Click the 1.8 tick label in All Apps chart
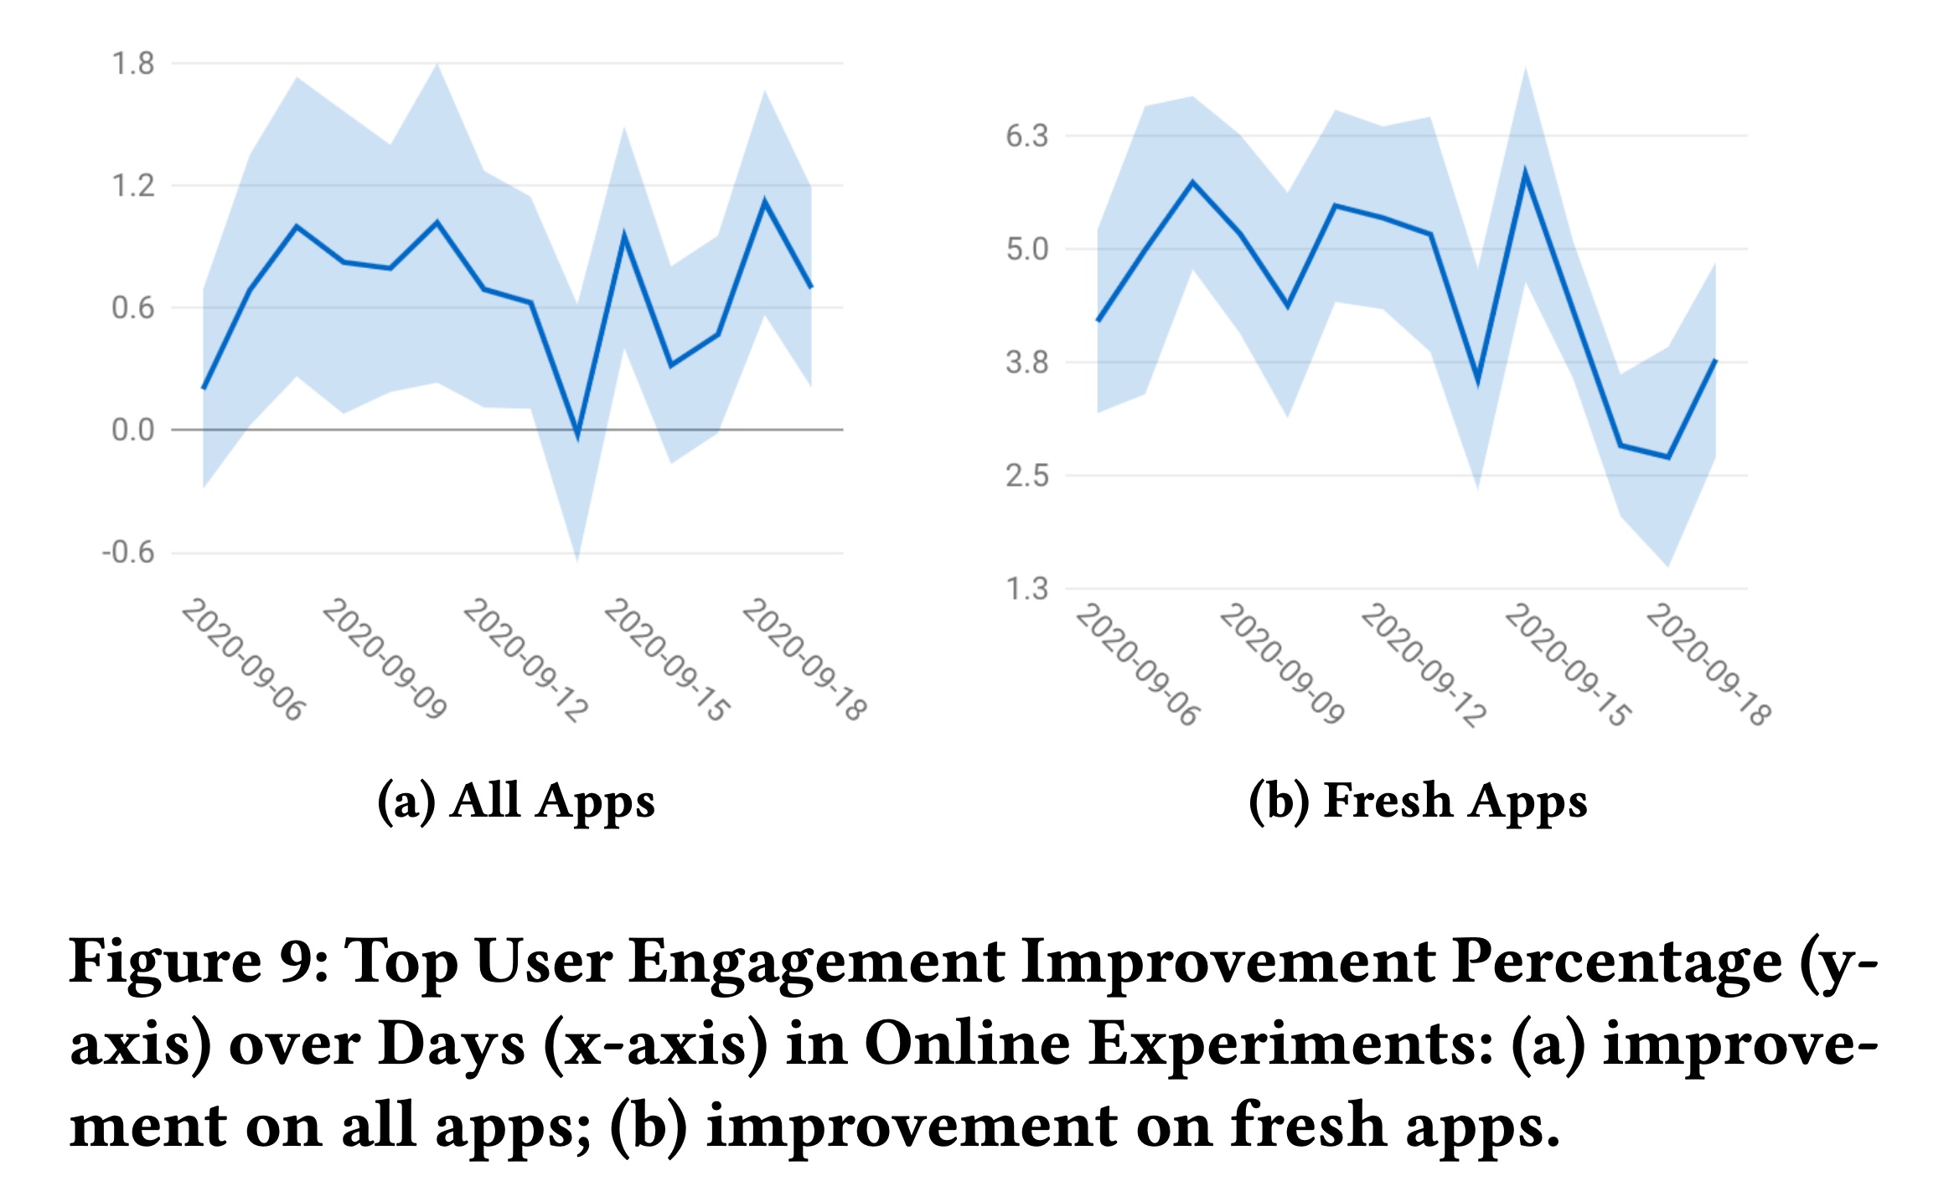coord(133,64)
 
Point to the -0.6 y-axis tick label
coord(128,553)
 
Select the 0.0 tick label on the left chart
coord(133,431)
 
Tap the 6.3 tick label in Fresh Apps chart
coord(1026,136)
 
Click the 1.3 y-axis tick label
coord(1026,590)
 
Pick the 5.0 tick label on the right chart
coord(1026,250)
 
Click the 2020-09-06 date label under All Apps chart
coord(244,659)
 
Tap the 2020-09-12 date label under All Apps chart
coord(525,659)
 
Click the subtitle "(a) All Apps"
coord(515,801)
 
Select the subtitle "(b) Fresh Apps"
coord(1418,801)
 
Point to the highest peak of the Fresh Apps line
coord(1525,173)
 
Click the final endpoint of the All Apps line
coord(811,287)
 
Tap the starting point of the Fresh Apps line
coord(1098,321)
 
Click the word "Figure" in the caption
coord(164,962)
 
